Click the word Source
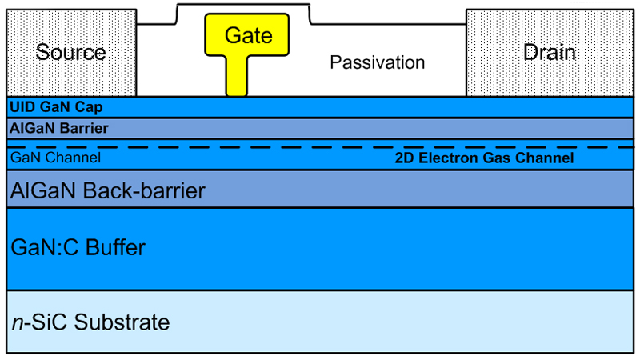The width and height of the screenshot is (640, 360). (x=71, y=53)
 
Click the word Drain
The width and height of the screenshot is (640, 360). (x=550, y=53)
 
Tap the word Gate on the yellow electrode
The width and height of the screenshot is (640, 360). (x=248, y=35)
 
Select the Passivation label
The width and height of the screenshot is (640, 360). (x=378, y=62)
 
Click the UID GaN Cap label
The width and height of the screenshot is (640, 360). (x=56, y=107)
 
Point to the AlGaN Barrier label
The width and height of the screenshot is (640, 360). (x=59, y=128)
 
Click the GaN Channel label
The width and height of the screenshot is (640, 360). (x=55, y=158)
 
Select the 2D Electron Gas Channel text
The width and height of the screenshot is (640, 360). (x=485, y=158)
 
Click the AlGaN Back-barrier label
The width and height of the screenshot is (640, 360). (x=108, y=190)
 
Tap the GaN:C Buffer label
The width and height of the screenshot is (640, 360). (x=78, y=247)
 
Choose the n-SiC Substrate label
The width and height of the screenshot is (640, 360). (x=90, y=322)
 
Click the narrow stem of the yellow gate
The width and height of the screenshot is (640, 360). (x=236, y=76)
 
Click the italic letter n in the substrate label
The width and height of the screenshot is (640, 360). (x=16, y=323)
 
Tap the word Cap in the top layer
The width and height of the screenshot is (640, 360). (x=90, y=107)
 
